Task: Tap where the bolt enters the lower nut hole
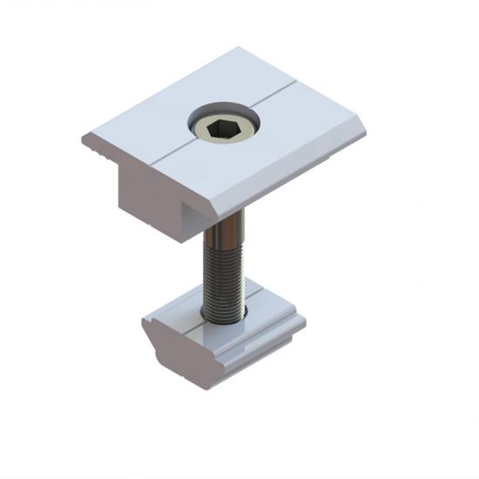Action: click(x=222, y=315)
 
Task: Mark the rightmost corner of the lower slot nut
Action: click(x=305, y=322)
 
